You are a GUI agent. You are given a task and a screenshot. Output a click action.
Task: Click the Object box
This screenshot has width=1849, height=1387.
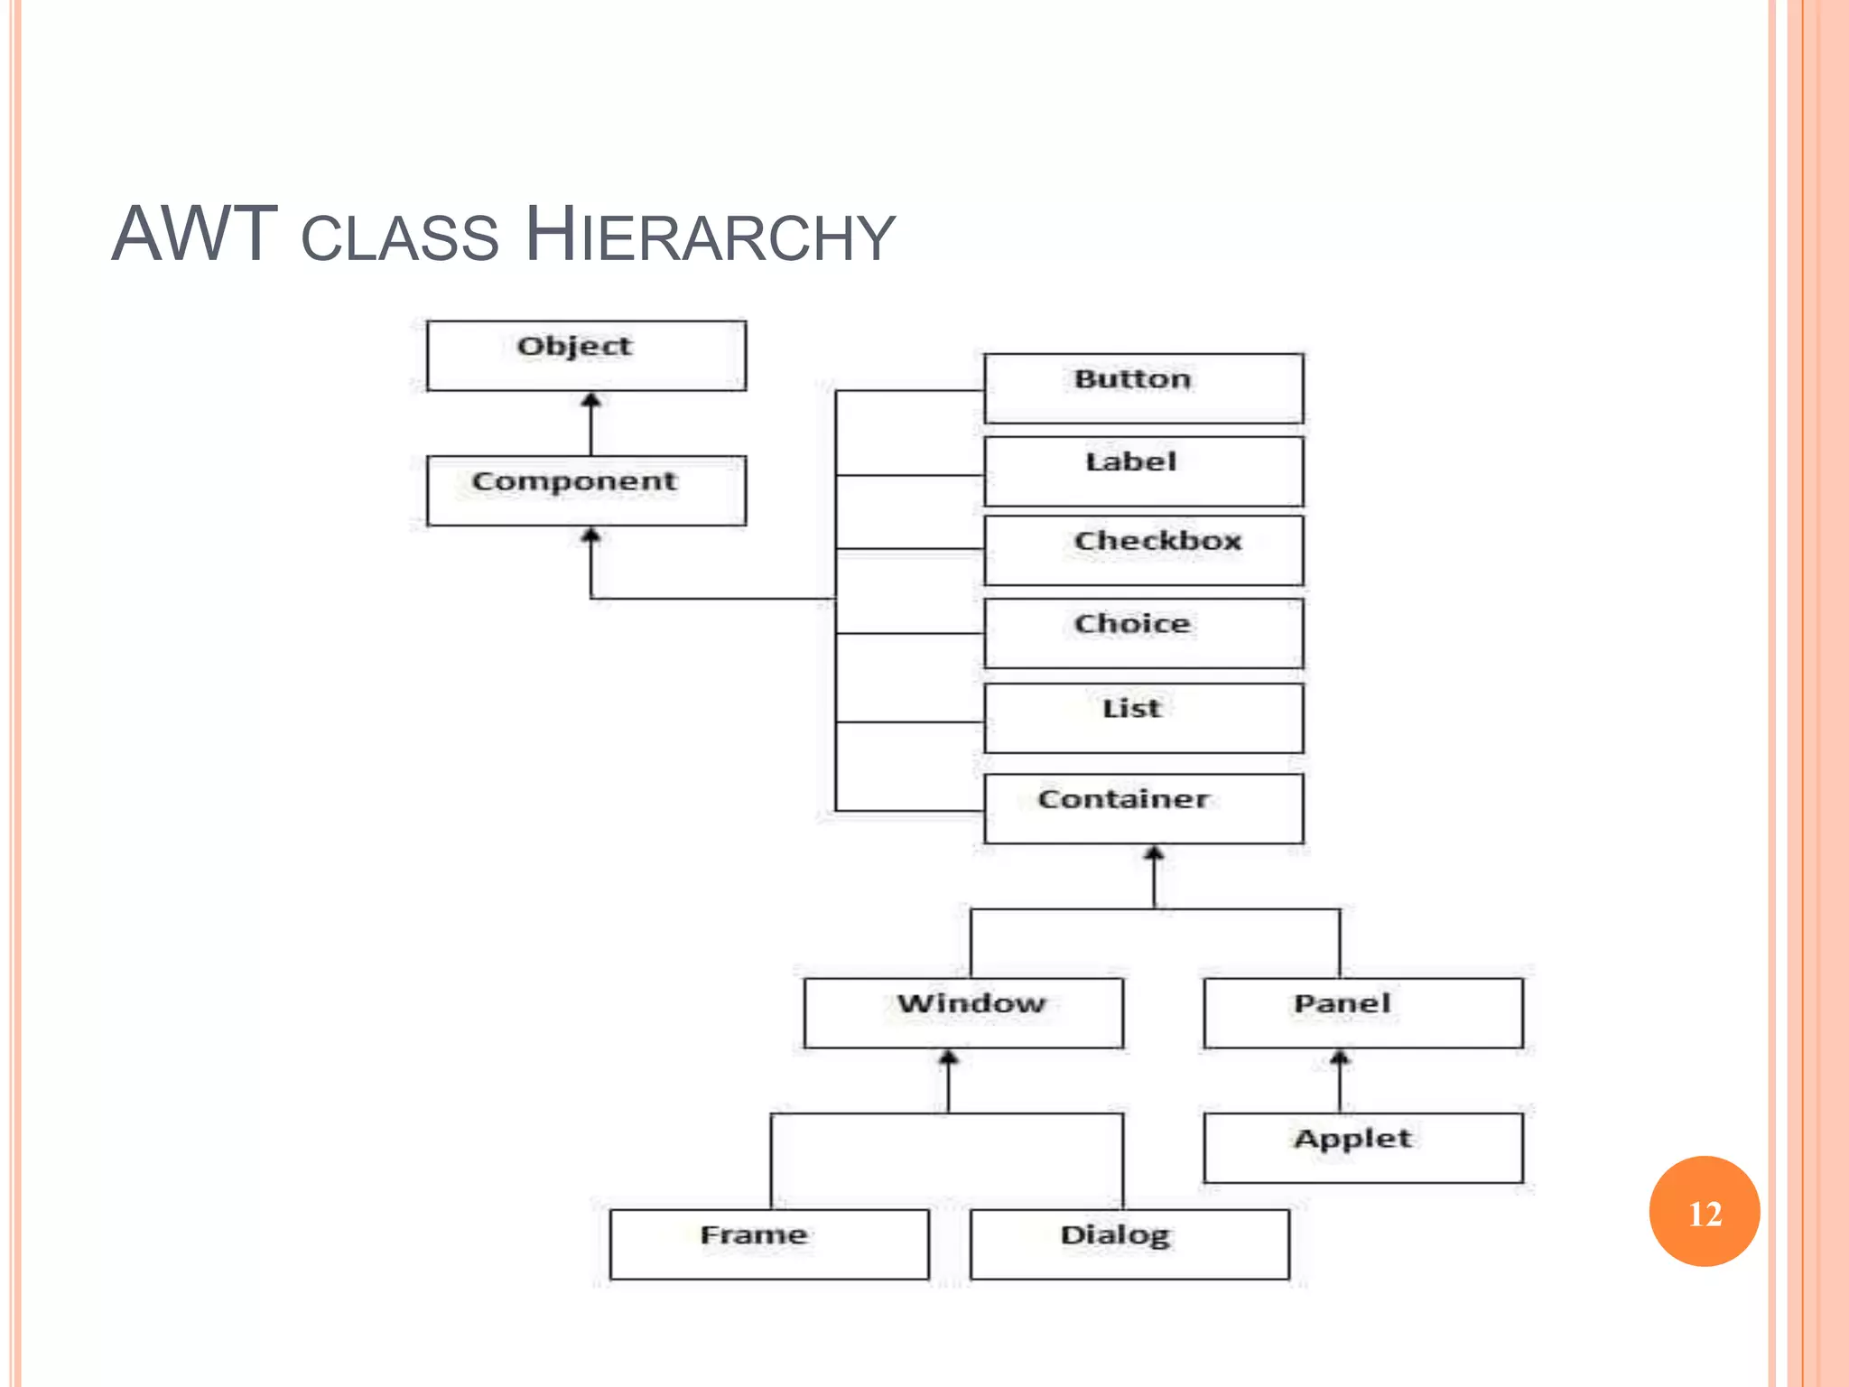586,356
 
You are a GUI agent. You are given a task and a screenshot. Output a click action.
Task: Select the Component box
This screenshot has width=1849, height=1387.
586,490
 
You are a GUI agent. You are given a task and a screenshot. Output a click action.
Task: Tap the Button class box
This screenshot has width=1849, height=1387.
1143,388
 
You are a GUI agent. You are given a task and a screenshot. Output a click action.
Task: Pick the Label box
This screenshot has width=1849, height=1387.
1143,471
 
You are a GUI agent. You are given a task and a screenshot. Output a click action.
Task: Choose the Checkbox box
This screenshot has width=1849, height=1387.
1143,550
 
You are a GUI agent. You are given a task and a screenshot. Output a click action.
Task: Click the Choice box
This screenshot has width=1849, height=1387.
1143,633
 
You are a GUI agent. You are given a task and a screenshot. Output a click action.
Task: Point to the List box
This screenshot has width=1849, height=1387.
1143,718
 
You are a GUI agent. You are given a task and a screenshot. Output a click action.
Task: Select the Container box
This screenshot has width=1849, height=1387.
1143,808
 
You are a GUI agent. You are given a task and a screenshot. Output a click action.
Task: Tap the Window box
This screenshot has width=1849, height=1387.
963,1012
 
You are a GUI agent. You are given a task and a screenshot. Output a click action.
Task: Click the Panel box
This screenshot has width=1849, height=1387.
1363,1012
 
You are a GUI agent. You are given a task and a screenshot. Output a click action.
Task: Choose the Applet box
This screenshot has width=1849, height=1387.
1363,1148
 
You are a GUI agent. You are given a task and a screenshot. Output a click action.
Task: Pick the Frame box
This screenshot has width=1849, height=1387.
769,1244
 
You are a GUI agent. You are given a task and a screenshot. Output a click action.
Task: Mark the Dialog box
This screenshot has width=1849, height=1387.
1129,1244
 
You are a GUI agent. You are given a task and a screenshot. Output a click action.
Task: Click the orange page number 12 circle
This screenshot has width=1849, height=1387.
1704,1212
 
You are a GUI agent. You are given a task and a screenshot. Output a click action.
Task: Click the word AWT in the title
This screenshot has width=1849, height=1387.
194,235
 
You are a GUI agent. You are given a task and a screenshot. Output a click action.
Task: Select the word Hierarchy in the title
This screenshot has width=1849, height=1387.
710,235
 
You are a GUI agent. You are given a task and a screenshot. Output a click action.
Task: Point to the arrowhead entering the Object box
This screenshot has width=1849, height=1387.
591,400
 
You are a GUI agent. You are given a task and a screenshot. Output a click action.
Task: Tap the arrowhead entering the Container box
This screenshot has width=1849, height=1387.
1154,853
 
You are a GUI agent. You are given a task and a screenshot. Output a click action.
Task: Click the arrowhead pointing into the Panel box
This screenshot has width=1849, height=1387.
1340,1057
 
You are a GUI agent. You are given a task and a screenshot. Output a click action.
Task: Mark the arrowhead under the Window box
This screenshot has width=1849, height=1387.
948,1057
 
